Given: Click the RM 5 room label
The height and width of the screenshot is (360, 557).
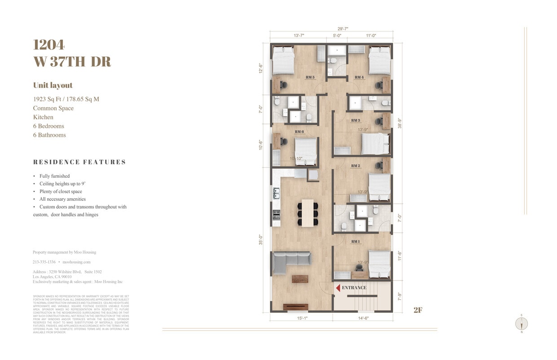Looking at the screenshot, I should click(x=310, y=77).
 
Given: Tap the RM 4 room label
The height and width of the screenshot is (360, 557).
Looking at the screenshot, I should click(x=359, y=77).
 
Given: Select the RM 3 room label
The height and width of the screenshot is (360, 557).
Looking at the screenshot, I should click(x=355, y=120).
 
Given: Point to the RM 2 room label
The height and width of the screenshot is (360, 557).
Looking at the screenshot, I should click(x=355, y=166).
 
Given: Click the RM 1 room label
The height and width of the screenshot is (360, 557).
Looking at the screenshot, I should click(x=355, y=241).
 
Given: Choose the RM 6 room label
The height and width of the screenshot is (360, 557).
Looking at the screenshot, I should click(x=299, y=132).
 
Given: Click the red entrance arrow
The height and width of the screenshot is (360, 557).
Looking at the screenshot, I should click(x=338, y=287).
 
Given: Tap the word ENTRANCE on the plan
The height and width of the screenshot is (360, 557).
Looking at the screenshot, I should click(x=354, y=287).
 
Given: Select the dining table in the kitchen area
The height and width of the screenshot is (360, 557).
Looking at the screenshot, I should click(x=308, y=213).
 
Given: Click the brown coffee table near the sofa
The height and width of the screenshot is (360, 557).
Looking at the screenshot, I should click(x=300, y=279).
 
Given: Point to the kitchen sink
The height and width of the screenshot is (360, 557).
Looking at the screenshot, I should click(x=277, y=194).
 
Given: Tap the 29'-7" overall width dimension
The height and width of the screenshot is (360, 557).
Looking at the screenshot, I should click(x=331, y=28).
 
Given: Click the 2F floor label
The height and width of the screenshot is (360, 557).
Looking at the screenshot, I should click(x=418, y=310).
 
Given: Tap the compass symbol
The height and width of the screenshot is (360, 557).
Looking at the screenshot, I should click(x=522, y=324).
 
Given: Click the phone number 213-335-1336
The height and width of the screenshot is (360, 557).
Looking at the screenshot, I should click(x=44, y=262).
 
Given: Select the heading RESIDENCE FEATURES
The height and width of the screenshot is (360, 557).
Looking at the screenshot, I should click(x=80, y=162).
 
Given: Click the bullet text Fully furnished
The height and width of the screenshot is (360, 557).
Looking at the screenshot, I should click(x=54, y=176).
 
